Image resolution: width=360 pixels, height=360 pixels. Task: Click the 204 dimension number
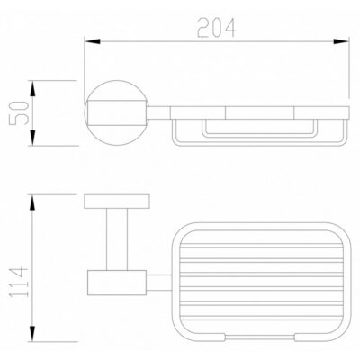217,28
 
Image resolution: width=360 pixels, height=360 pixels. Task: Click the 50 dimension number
19,112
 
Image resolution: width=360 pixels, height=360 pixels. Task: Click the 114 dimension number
19,282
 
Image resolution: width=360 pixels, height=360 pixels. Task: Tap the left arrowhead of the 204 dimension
92,41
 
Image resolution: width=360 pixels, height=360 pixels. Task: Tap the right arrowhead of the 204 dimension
341,41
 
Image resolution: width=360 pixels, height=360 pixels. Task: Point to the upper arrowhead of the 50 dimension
33,88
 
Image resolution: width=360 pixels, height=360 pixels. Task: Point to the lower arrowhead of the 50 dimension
33,138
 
